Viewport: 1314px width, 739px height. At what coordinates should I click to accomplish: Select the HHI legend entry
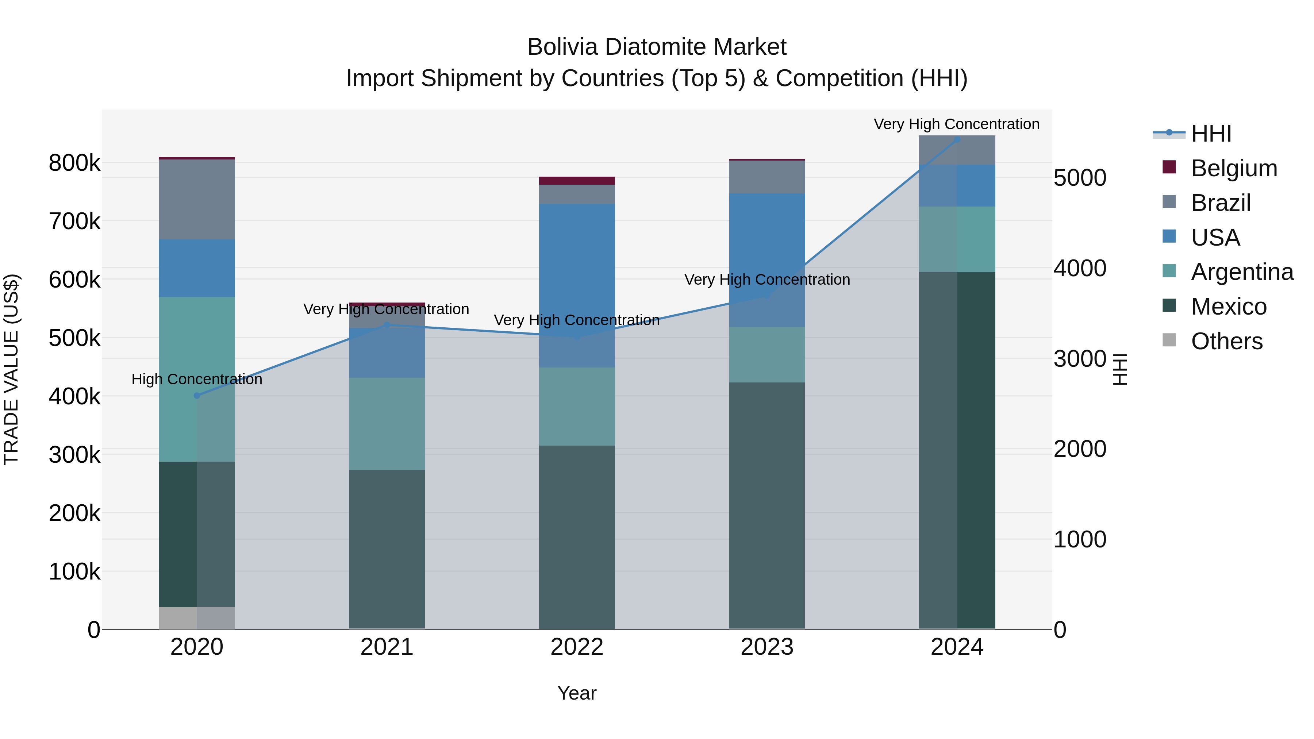coord(1211,134)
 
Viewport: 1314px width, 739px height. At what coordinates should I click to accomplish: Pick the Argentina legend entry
coord(1242,272)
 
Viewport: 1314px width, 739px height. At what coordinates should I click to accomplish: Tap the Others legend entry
coord(1227,341)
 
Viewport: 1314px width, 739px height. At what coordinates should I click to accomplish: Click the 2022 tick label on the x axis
coord(577,647)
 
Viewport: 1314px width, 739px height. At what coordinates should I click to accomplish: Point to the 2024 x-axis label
coord(957,647)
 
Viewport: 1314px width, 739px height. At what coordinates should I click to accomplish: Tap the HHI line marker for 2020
coord(197,396)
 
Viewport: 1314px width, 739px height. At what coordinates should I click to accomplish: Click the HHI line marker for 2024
coord(957,140)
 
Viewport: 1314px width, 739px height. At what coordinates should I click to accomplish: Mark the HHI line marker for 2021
coord(387,325)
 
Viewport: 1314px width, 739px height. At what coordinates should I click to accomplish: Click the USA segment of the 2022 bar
coord(577,286)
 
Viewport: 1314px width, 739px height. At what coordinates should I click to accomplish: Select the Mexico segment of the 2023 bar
coord(767,505)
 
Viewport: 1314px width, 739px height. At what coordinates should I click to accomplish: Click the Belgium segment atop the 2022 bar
coord(577,181)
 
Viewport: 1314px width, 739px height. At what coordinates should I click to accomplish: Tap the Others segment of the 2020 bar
coord(197,618)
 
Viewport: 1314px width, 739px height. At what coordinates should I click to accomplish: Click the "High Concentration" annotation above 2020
coord(197,380)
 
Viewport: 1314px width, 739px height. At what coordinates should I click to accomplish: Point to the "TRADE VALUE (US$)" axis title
coord(11,369)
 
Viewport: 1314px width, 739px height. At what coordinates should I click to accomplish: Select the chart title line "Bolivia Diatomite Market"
coord(657,47)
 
